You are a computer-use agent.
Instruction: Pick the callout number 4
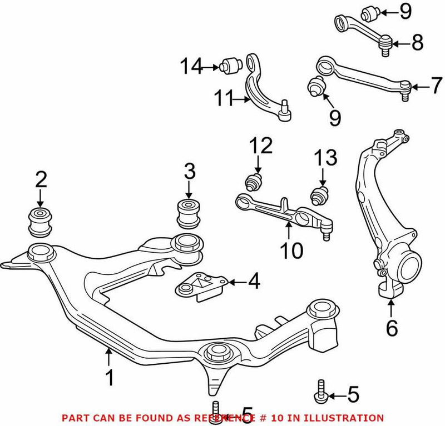pos(254,283)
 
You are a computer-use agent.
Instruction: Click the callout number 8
pos(418,42)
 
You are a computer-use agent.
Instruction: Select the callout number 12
pos(260,147)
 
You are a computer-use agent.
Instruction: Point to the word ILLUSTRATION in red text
pos(348,417)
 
